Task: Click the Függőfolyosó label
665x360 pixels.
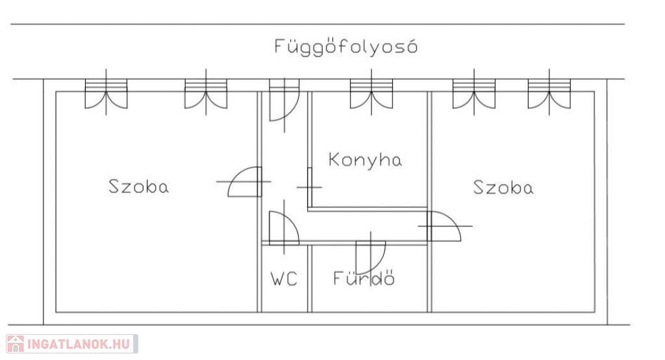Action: coord(345,46)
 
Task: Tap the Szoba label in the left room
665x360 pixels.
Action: coord(139,186)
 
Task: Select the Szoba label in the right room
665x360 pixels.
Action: coord(503,187)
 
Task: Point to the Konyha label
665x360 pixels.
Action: coord(365,160)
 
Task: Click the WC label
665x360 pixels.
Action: coord(284,279)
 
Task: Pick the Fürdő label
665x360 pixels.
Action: coord(364,278)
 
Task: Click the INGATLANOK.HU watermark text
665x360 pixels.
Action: coord(79,344)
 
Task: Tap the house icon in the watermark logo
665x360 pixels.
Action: coord(16,344)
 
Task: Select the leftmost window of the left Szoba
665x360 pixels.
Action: coord(106,92)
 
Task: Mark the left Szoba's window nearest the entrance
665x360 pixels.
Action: coord(206,92)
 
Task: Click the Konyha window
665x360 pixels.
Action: coord(371,92)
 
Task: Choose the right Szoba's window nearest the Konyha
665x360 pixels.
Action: coord(474,92)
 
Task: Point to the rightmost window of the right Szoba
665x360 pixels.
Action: coord(549,92)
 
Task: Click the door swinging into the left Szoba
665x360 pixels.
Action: coord(245,182)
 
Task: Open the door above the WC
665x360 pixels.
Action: coord(284,227)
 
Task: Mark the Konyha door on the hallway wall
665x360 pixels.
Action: coord(310,186)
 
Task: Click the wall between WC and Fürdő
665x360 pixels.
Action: coord(310,279)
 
